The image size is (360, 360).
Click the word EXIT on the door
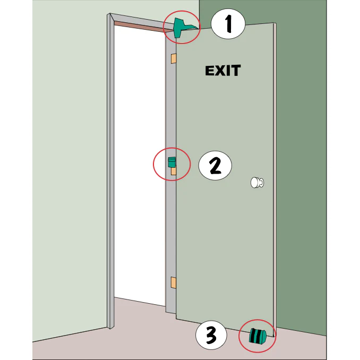coord(222,71)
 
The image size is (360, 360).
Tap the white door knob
coord(257,183)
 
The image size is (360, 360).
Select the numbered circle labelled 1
coord(228,24)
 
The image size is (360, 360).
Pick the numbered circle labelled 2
coord(215,165)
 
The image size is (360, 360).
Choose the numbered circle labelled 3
coord(211,335)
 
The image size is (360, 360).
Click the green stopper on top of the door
coord(182,28)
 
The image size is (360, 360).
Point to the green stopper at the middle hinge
coord(172,162)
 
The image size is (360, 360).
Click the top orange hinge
coord(173,58)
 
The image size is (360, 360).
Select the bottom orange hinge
coord(173,282)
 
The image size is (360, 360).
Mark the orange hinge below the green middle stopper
coord(174,171)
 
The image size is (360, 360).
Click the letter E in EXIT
coord(209,71)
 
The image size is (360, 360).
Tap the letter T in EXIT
coord(236,71)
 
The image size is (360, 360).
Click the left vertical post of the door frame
coord(110,171)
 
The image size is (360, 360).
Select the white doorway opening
coord(140,161)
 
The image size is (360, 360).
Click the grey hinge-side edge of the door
coord(170,172)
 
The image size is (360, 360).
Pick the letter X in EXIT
coord(219,71)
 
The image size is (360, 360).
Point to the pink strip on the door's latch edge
coord(275,179)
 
